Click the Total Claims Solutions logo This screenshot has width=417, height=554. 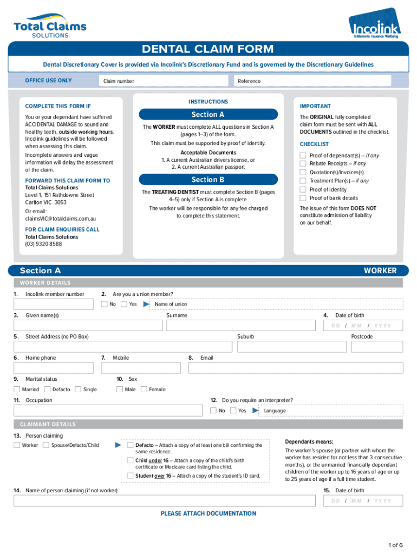click(x=50, y=26)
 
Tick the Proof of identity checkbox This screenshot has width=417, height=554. click(x=303, y=189)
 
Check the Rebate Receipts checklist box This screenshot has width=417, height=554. click(x=303, y=163)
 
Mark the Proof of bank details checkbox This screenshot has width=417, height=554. click(x=303, y=198)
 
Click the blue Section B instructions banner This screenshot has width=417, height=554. click(x=208, y=180)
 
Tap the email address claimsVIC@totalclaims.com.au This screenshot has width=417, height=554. click(x=61, y=219)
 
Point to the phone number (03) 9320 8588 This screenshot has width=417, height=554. click(x=43, y=244)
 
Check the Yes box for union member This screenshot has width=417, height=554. click(x=124, y=304)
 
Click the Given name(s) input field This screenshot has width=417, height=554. click(x=88, y=325)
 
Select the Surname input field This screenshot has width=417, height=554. click(x=241, y=325)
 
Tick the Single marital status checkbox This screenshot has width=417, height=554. click(x=78, y=389)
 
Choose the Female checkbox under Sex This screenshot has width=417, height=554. click(x=144, y=389)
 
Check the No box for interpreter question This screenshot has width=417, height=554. click(x=213, y=411)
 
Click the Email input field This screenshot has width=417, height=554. click(x=296, y=368)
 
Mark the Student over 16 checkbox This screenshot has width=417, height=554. click(x=130, y=476)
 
